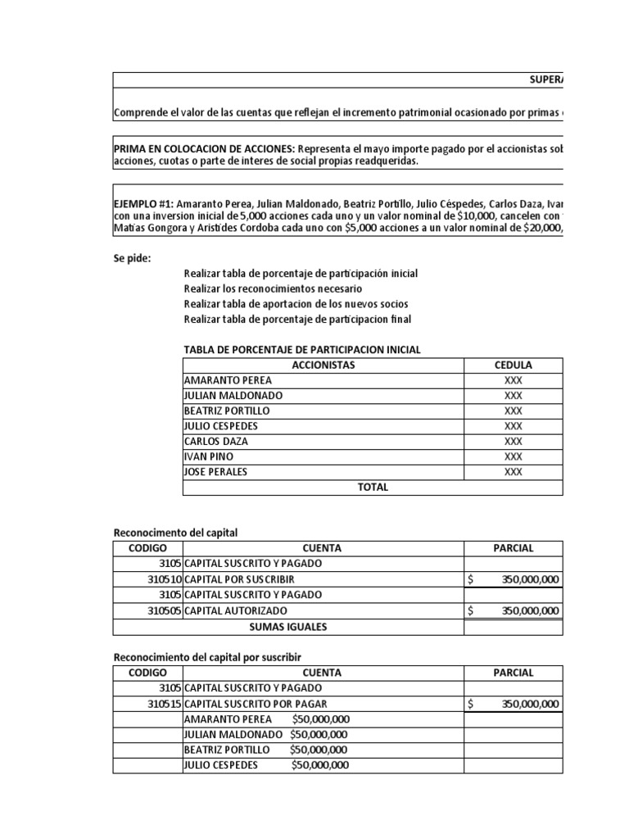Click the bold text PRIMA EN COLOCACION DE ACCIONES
[203, 150]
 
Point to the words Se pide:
[133, 257]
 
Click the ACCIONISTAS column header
[324, 365]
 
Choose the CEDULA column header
[514, 365]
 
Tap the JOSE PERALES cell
[216, 472]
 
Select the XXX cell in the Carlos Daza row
[514, 442]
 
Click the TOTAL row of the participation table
[373, 488]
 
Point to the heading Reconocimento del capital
[174, 533]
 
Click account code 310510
[164, 579]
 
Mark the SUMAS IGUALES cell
[287, 627]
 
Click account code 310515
[164, 704]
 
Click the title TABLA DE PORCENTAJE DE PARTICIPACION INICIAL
[302, 350]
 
